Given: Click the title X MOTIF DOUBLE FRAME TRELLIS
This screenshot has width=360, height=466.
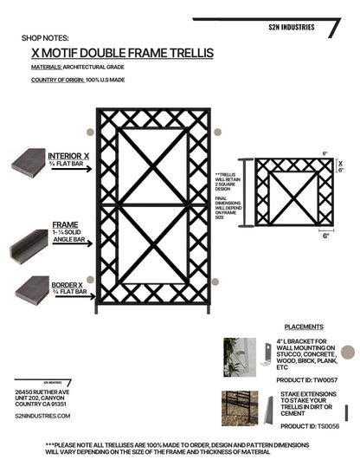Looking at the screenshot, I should [121, 53].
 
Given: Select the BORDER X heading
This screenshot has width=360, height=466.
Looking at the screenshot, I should [67, 284].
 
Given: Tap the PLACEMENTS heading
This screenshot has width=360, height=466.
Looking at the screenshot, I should [303, 327].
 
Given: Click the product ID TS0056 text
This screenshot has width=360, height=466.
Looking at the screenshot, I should [310, 426].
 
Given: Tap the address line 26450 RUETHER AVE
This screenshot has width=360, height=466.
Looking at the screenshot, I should [42, 391].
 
